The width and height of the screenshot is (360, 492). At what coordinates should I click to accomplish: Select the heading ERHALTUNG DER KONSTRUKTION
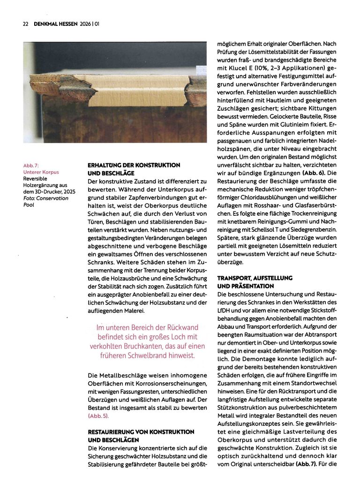(134, 165)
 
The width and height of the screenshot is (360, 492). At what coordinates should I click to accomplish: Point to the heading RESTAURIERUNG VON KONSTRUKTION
(141, 431)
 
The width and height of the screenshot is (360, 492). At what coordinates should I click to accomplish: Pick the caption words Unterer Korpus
(41, 172)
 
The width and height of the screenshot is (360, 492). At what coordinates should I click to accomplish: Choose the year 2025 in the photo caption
(68, 192)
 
